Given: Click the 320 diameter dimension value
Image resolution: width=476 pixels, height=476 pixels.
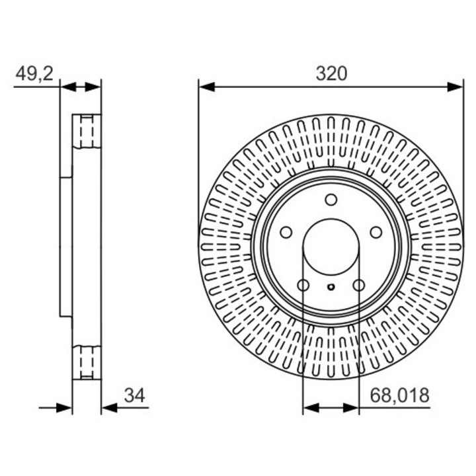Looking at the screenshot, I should [x=331, y=73].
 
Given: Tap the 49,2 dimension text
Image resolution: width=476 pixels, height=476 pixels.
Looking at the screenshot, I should [x=34, y=73].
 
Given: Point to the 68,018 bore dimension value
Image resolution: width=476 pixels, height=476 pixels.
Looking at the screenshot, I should [x=399, y=395].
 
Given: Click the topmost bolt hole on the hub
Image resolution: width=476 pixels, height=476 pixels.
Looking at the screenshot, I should [x=331, y=200].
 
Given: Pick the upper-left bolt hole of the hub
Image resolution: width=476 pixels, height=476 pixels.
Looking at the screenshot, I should [x=286, y=232].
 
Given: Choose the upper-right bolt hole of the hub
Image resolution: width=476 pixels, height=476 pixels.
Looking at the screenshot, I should [x=376, y=232].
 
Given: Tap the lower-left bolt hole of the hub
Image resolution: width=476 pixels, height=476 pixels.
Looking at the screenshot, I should [x=303, y=285].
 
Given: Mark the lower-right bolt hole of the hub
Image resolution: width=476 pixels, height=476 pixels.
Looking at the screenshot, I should [x=358, y=285].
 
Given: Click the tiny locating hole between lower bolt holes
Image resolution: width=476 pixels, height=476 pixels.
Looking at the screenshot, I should [x=331, y=287].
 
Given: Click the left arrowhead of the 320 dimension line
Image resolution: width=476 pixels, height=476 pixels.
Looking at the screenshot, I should [x=206, y=87].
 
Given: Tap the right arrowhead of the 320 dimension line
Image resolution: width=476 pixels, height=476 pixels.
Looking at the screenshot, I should [x=455, y=87].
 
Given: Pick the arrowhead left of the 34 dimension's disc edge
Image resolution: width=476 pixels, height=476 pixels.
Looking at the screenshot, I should [x=64, y=408].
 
